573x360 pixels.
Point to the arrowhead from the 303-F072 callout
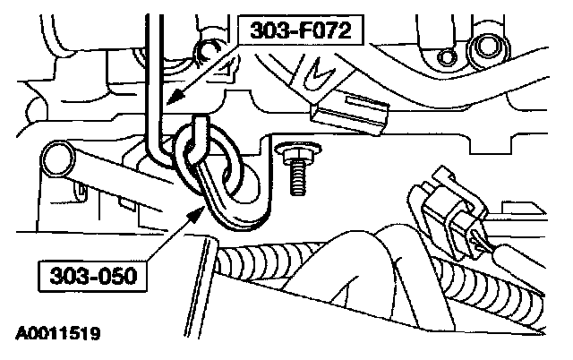point(170,101)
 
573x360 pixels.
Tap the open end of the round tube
point(55,159)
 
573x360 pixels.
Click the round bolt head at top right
point(488,47)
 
